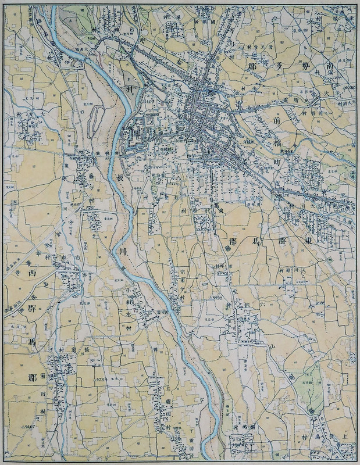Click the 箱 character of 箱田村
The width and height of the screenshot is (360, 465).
(44, 378)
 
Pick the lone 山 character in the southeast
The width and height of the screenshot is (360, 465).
(270, 345)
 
